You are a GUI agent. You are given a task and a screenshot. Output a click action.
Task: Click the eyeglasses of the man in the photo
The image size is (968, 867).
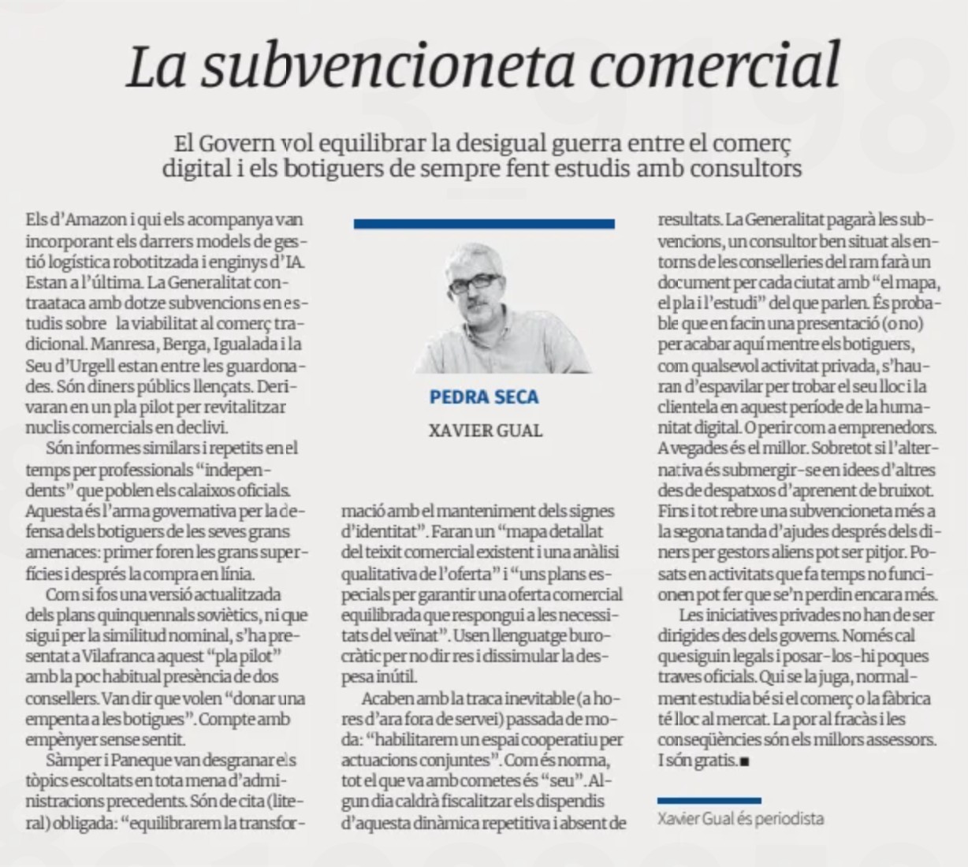click(x=474, y=282)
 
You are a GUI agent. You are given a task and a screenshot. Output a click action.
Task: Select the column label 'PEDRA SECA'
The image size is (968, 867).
click(x=484, y=396)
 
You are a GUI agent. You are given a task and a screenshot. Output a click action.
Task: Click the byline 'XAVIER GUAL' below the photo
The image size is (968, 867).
click(x=485, y=430)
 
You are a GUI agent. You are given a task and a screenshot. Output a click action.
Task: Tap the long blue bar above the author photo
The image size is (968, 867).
click(x=484, y=225)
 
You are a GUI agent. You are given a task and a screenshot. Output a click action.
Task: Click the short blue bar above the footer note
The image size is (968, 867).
click(x=709, y=800)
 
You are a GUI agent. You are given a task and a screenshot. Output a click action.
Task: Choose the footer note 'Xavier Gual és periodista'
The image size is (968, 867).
click(x=740, y=819)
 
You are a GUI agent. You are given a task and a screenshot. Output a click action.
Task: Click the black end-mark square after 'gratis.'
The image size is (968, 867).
click(x=744, y=762)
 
